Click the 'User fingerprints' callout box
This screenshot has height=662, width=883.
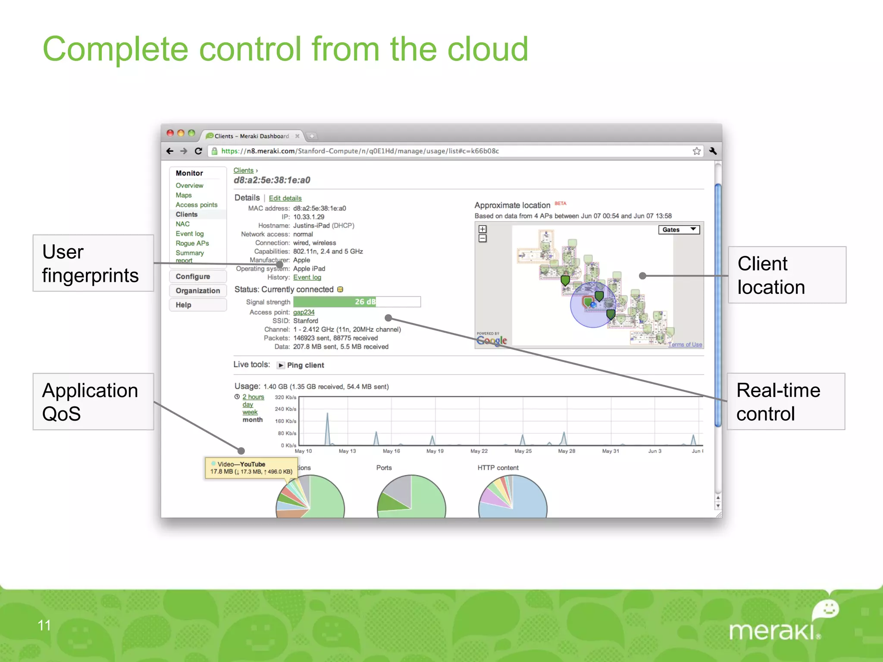click(93, 263)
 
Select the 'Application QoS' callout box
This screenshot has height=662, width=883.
click(93, 402)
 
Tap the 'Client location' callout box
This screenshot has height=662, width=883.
click(787, 275)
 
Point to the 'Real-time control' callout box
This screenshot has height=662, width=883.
click(786, 402)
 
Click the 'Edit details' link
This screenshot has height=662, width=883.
click(285, 198)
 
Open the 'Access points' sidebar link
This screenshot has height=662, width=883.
click(196, 205)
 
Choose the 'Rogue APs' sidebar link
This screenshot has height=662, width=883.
click(192, 243)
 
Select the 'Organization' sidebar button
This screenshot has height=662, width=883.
click(197, 290)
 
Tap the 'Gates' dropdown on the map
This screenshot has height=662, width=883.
click(679, 230)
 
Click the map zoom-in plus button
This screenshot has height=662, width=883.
click(482, 229)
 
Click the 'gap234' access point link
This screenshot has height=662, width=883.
click(304, 312)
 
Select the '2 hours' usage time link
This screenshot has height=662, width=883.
click(253, 397)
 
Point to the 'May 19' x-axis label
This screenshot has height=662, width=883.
click(435, 451)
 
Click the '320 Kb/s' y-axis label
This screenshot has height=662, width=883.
click(285, 397)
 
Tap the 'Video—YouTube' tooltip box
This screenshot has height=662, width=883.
click(251, 468)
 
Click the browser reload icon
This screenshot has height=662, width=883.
click(198, 151)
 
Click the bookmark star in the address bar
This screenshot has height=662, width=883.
click(696, 151)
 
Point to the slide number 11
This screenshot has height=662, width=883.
click(44, 625)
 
